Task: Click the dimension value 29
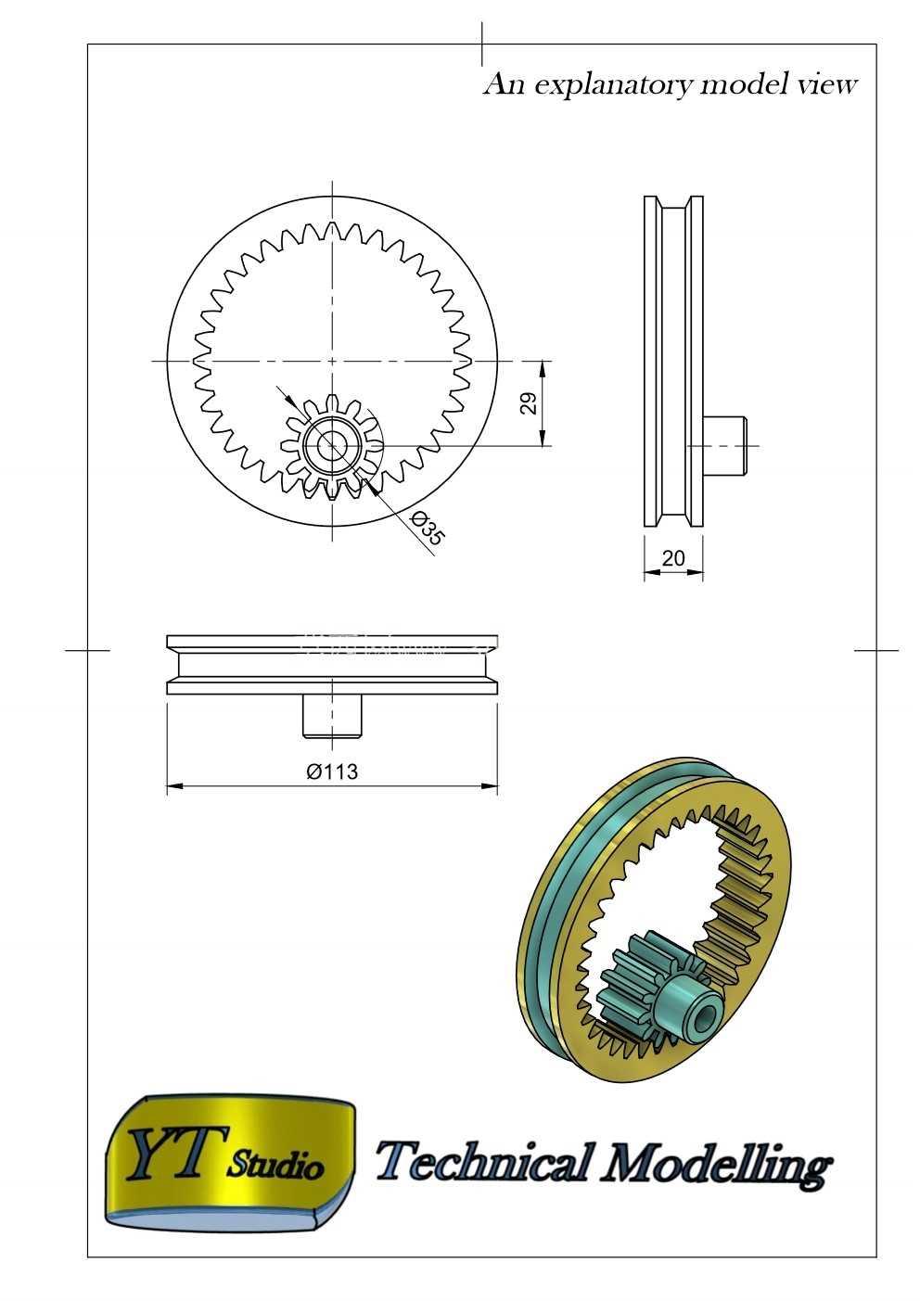coord(529,402)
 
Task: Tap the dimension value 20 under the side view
coord(673,558)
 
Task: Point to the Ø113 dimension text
coord(332,772)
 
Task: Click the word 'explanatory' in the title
coord(613,86)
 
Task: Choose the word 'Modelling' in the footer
coord(715,1164)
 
